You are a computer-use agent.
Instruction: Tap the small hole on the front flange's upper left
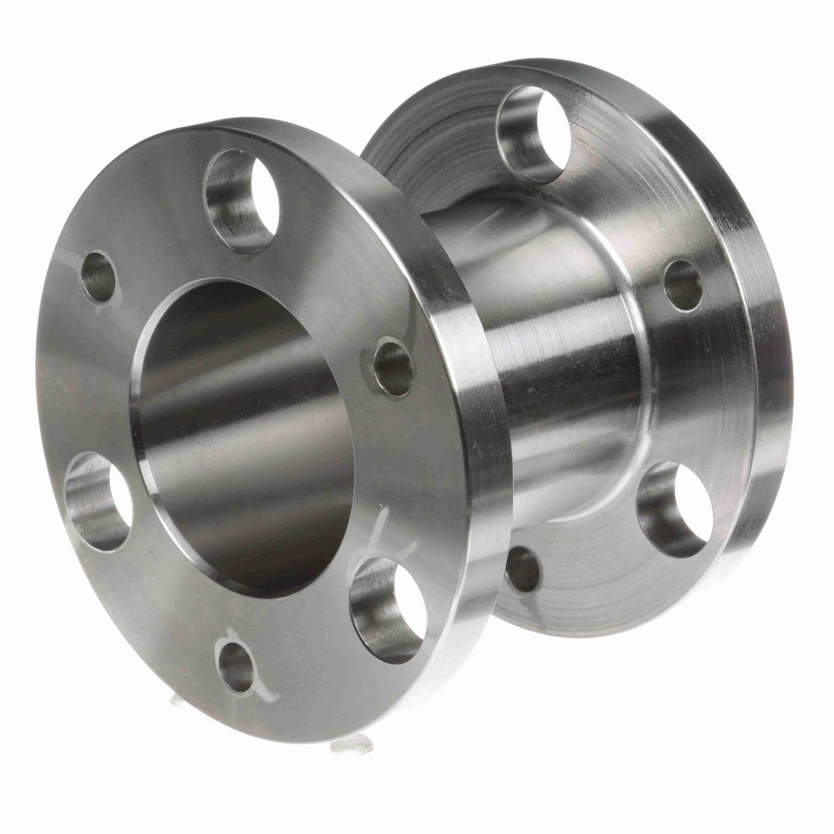coord(99,276)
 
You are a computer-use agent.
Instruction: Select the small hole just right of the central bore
coord(393,366)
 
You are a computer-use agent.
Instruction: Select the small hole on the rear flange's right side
coord(683,286)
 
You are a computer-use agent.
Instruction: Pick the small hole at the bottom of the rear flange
coord(523,569)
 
